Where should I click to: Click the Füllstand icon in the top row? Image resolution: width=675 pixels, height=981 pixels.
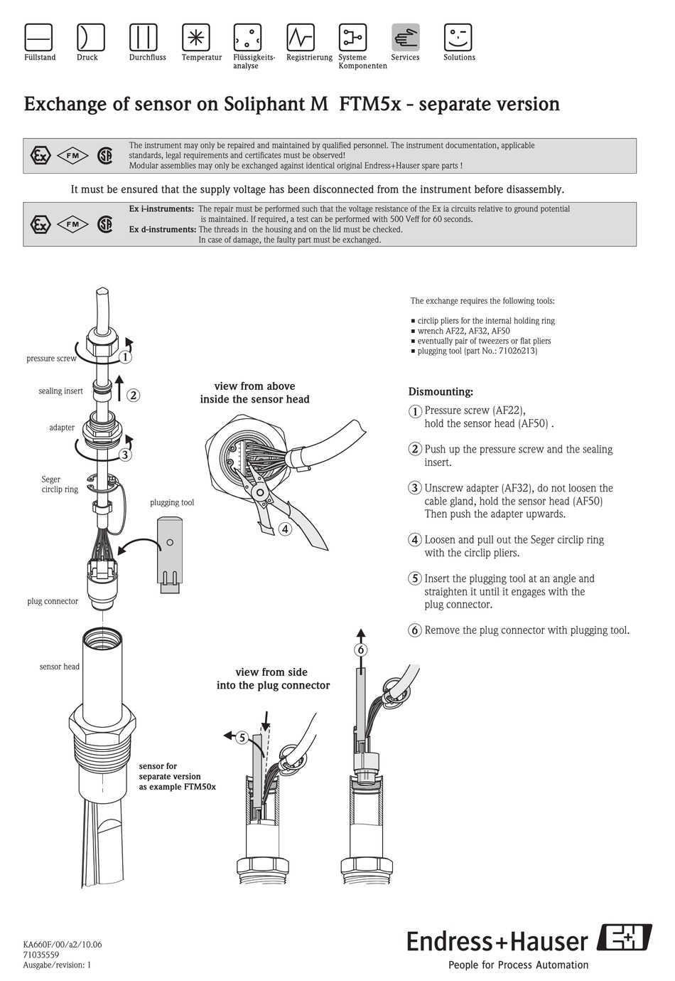[39, 37]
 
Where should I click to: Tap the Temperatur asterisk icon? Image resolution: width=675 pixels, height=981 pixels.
[195, 37]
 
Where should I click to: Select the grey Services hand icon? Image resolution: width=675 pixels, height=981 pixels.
[405, 37]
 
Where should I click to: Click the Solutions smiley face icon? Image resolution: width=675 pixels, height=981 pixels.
[458, 37]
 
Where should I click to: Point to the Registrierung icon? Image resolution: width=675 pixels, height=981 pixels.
[301, 37]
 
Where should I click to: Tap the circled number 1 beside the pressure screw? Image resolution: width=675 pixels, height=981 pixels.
[126, 357]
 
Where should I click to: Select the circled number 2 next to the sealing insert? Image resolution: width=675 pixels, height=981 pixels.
[133, 396]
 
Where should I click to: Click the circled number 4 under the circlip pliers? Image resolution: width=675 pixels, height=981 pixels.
[284, 529]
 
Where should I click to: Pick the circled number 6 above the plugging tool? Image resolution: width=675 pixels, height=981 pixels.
[361, 649]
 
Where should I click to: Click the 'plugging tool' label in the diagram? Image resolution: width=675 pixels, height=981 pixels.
[172, 502]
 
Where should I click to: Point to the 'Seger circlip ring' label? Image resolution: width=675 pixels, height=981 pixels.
[60, 484]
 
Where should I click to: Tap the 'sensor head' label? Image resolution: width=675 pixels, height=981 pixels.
[60, 667]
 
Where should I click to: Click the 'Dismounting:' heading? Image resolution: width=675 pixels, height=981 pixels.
[441, 392]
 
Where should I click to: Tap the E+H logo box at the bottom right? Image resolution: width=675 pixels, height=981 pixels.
[625, 938]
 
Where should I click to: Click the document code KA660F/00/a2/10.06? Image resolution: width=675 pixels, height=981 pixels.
[63, 945]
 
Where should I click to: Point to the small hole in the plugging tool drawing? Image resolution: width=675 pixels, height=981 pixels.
[169, 542]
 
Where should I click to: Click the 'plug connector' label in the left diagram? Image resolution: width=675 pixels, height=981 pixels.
[53, 601]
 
